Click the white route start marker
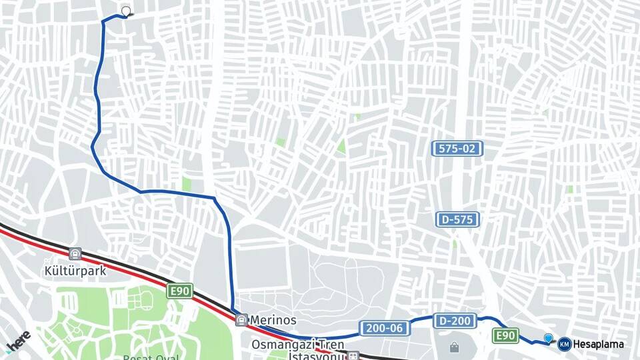click(126, 11)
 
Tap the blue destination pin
click(548, 339)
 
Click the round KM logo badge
click(564, 344)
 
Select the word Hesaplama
click(599, 345)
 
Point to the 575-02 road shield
click(457, 149)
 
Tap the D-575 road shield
click(458, 219)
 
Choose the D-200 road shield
click(455, 321)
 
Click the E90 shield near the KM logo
click(506, 335)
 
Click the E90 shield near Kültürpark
click(179, 291)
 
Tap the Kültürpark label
click(67, 271)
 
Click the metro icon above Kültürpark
click(75, 254)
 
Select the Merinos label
click(273, 321)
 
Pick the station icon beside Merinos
click(241, 320)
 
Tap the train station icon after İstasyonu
click(353, 356)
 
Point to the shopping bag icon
click(454, 347)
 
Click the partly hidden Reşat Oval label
click(151, 357)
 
